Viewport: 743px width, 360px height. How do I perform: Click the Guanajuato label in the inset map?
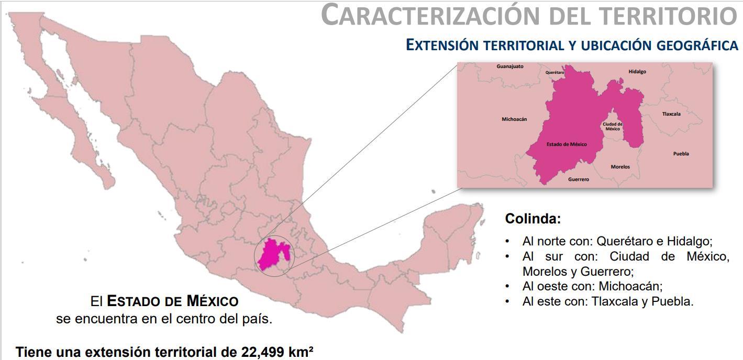tap(509, 66)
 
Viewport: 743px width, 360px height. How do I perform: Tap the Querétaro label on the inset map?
tap(555, 72)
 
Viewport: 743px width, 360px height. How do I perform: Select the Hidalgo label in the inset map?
tap(637, 71)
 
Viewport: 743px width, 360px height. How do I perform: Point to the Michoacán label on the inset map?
tap(514, 119)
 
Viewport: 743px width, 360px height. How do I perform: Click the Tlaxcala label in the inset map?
tap(671, 114)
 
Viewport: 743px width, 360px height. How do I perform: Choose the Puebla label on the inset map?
tap(681, 154)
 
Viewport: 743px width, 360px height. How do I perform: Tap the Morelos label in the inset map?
tap(620, 167)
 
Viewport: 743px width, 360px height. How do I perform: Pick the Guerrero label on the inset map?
tap(578, 179)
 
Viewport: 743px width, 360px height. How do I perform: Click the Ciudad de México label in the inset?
tap(612, 126)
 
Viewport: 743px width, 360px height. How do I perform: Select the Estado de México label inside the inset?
tap(567, 144)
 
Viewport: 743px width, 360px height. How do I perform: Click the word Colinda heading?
tap(533, 219)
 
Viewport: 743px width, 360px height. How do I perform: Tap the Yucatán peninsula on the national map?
tap(456, 230)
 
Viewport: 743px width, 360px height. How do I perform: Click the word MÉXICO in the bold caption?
tap(212, 301)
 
